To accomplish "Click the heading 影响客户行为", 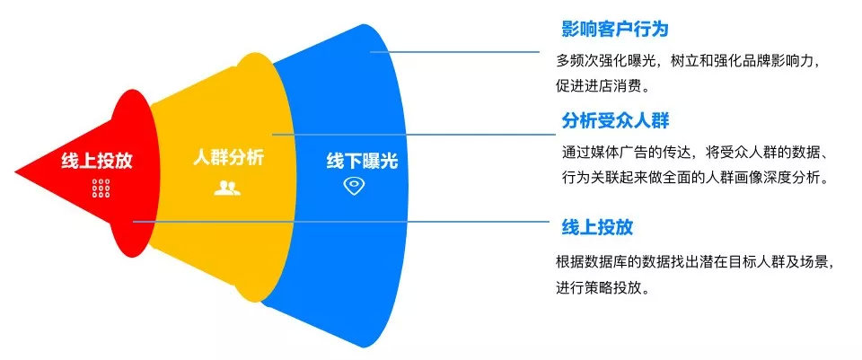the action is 614,29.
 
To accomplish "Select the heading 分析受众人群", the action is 615,119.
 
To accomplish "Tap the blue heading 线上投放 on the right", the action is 597,227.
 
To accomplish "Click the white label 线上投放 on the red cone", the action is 97,161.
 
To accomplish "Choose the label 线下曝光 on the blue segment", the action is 362,161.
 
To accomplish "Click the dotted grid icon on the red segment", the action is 101,188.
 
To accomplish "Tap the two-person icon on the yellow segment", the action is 227,188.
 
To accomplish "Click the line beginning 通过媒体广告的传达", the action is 695,153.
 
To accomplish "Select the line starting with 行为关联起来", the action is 695,178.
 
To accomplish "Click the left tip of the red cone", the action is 15,173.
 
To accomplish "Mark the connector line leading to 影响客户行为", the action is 454,52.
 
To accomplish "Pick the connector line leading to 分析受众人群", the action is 414,134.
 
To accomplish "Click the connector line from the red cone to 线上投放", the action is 341,222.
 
